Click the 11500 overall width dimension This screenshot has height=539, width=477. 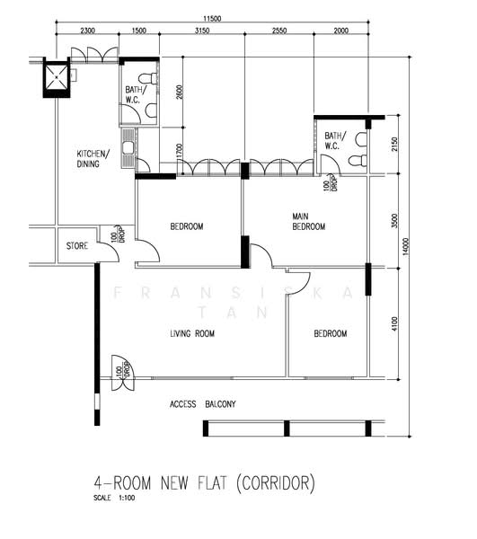(x=212, y=19)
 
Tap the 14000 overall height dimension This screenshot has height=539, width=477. (x=406, y=246)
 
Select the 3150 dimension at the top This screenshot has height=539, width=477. (x=202, y=31)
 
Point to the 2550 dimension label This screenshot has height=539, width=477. (x=279, y=31)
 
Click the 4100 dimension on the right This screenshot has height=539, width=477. (x=394, y=323)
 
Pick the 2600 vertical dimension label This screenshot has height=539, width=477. (x=179, y=93)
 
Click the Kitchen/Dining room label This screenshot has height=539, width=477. (x=93, y=158)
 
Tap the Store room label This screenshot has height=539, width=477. (x=77, y=246)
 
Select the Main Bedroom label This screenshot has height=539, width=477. (x=309, y=221)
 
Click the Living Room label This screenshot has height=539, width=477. (x=192, y=333)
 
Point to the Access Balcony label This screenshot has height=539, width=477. (x=203, y=404)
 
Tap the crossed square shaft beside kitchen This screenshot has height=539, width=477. (x=57, y=77)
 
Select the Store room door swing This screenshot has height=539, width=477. (x=111, y=248)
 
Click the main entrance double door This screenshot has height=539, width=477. (x=123, y=373)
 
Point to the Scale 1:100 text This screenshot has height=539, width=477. (x=114, y=498)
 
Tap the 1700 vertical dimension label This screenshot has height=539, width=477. (x=179, y=151)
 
